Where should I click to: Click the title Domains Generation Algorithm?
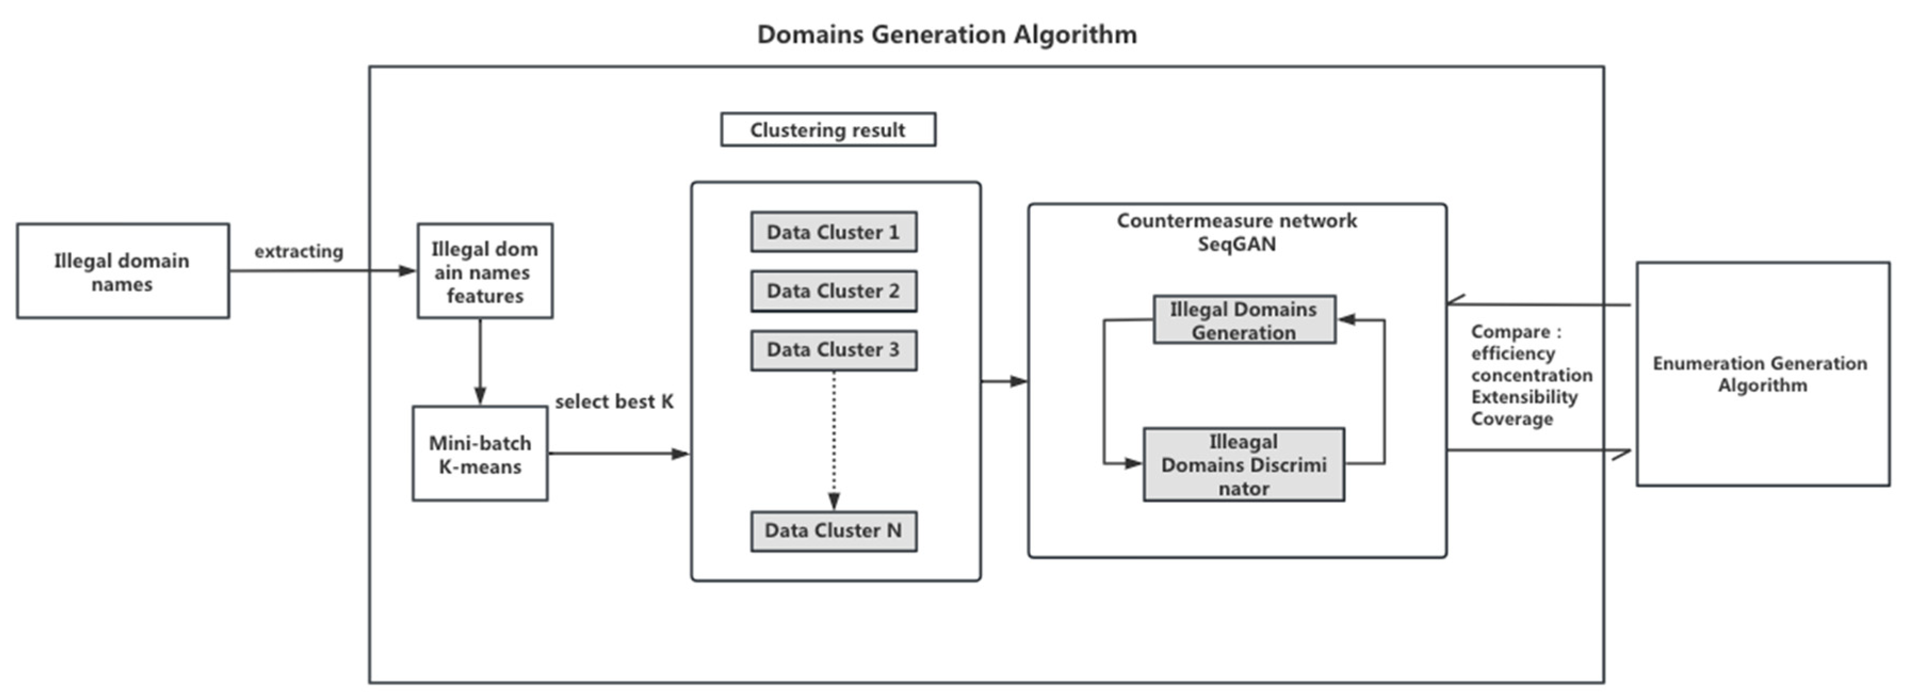click(946, 34)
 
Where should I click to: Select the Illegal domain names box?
click(123, 271)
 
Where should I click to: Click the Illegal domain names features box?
click(484, 271)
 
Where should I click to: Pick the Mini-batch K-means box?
click(480, 454)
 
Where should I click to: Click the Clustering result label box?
click(827, 130)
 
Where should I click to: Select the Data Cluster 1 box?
click(833, 232)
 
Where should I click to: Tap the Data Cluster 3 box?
click(833, 350)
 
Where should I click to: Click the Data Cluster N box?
click(833, 531)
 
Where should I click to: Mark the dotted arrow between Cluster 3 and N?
click(834, 438)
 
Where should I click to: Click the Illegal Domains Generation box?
click(1243, 320)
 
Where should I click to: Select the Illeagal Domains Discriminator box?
click(1243, 465)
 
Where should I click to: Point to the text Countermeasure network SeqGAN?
click(1236, 232)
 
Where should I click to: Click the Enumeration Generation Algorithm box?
click(1762, 374)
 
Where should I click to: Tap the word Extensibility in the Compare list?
click(1524, 397)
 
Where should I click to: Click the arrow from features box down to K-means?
click(480, 362)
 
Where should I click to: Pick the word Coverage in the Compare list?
click(1511, 419)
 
